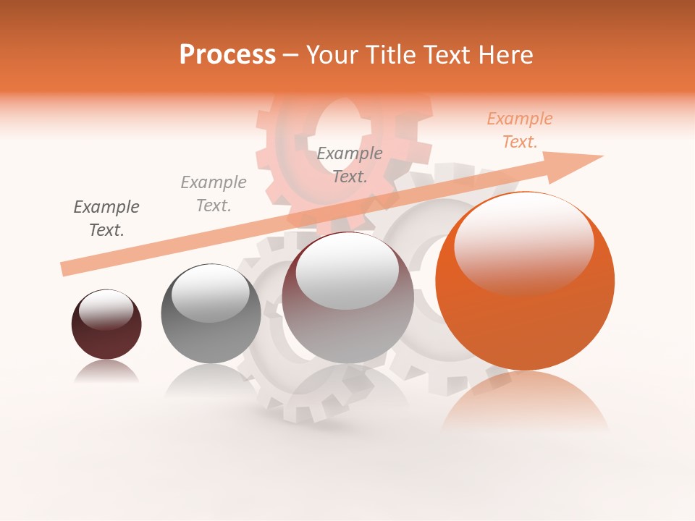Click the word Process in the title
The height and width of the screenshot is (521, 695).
227,55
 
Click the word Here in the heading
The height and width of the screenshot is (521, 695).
506,55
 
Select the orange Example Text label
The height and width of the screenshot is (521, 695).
519,130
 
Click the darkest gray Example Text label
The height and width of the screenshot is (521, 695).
106,219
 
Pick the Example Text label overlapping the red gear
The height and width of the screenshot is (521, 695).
350,164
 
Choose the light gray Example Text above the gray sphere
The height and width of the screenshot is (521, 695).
213,194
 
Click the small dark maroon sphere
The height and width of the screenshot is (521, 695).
106,336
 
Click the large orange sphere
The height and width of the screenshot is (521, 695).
525,318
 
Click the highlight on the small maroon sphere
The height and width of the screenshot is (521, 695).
106,310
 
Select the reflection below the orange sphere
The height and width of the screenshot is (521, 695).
525,405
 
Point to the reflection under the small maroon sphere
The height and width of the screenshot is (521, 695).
106,372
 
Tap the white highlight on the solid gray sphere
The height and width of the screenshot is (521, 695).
211,293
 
